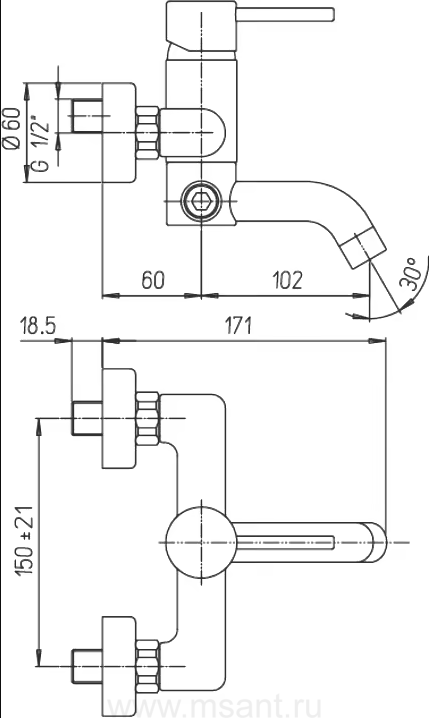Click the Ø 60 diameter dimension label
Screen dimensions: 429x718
coord(12,128)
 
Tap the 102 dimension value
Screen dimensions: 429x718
coord(288,280)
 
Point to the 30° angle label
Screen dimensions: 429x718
coord(409,273)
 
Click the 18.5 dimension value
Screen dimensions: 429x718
coord(38,327)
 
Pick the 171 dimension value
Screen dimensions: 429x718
coord(237,326)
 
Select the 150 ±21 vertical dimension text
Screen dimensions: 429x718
coord(26,541)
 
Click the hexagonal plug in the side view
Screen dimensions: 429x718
coord(201,200)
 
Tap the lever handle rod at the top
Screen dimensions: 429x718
coord(285,14)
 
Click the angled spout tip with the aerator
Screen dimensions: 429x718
coord(364,250)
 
